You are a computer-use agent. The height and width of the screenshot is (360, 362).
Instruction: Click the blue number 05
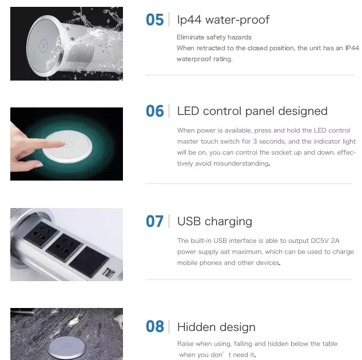pyautogui.click(x=154, y=20)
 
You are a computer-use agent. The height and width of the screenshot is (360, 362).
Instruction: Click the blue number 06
pyautogui.click(x=154, y=111)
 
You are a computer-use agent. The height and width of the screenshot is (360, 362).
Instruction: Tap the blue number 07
pyautogui.click(x=154, y=221)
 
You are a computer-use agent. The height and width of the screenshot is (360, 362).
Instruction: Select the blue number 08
pyautogui.click(x=154, y=327)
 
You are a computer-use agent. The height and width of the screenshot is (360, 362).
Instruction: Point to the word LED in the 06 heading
pyautogui.click(x=188, y=111)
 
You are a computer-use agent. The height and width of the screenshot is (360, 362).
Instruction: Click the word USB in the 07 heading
pyautogui.click(x=189, y=221)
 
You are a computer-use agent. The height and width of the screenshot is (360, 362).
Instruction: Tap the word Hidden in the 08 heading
pyautogui.click(x=196, y=327)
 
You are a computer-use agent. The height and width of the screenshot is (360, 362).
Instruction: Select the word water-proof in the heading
pyautogui.click(x=237, y=20)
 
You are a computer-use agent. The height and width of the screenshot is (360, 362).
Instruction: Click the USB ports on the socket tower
pyautogui.click(x=109, y=273)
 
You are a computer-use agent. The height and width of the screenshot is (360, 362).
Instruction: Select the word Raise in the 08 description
pyautogui.click(x=186, y=343)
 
